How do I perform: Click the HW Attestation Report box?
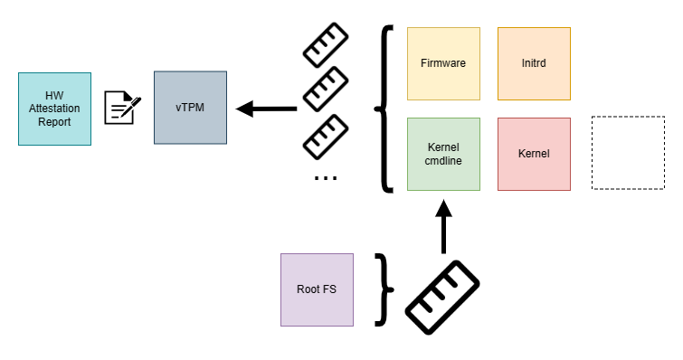click(54, 109)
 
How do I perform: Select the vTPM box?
click(190, 108)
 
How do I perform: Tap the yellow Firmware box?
click(443, 63)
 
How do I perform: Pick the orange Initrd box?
click(534, 63)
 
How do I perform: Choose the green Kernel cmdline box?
click(443, 154)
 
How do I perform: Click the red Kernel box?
click(534, 154)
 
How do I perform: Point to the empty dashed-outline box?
click(627, 153)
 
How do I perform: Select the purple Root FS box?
click(317, 289)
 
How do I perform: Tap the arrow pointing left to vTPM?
click(266, 109)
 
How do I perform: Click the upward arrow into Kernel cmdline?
click(443, 226)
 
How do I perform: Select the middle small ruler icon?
click(325, 89)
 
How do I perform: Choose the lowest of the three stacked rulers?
click(325, 137)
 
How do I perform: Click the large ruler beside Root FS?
click(441, 298)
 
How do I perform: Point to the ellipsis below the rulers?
click(325, 178)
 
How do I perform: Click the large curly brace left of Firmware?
click(385, 109)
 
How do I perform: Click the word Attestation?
click(54, 109)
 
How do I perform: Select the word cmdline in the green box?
click(443, 161)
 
